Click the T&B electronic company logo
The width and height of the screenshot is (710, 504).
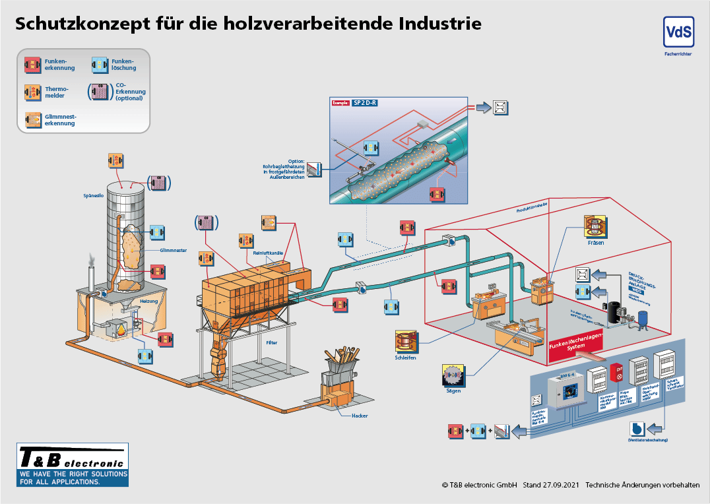pyautogui.click(x=73, y=464)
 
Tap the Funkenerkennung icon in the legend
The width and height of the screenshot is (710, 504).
pyautogui.click(x=33, y=64)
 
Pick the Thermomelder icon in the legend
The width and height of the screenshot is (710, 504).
pyautogui.click(x=33, y=92)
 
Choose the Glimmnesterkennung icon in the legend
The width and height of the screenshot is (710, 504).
pyautogui.click(x=33, y=119)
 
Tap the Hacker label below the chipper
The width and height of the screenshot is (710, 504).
pyautogui.click(x=360, y=416)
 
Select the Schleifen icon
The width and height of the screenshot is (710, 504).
pyautogui.click(x=406, y=341)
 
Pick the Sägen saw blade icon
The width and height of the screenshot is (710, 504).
pyautogui.click(x=453, y=375)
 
